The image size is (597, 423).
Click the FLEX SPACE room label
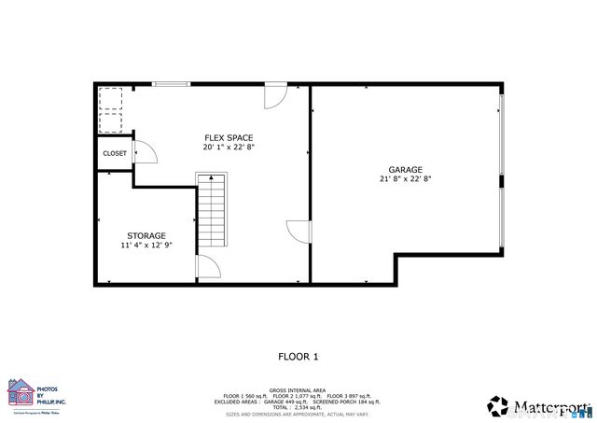tap(229, 137)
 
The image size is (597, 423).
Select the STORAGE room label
tap(146, 235)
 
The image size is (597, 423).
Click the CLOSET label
tap(115, 153)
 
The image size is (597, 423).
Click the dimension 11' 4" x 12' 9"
tap(146, 246)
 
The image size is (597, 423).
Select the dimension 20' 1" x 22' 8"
tap(229, 148)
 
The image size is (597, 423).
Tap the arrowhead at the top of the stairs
tap(211, 176)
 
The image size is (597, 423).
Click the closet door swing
tap(143, 152)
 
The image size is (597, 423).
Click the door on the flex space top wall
tap(276, 95)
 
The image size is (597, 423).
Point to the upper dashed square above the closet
tap(112, 99)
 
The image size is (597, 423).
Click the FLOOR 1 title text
tap(298, 356)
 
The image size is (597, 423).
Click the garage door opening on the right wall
tap(502, 173)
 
